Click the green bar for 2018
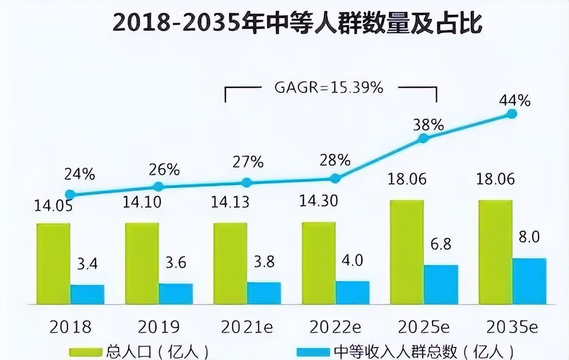click(53, 264)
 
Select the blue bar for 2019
click(176, 294)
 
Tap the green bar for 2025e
click(407, 252)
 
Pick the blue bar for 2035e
click(529, 281)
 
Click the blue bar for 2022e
click(352, 292)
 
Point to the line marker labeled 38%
click(423, 139)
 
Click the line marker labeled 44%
click(512, 114)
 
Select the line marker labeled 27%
click(247, 182)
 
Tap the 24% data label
click(80, 175)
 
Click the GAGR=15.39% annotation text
click(329, 88)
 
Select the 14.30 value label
click(319, 201)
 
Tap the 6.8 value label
click(440, 245)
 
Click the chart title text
click(297, 24)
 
